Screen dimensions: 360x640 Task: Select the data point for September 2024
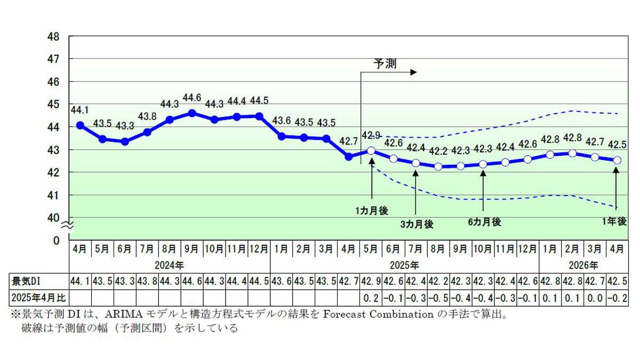pyautogui.click(x=192, y=113)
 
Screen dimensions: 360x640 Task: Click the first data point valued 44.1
pyautogui.click(x=80, y=125)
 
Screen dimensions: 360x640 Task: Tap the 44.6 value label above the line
pyautogui.click(x=192, y=98)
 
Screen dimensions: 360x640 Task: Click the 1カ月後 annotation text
pyautogui.click(x=372, y=212)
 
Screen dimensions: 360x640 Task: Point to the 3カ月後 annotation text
pyautogui.click(x=417, y=225)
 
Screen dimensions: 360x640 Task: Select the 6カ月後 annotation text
pyautogui.click(x=484, y=222)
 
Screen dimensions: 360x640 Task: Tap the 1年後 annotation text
pyautogui.click(x=615, y=222)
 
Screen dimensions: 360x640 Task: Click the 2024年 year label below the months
pyautogui.click(x=170, y=265)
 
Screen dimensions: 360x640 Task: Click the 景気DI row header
pyautogui.click(x=25, y=281)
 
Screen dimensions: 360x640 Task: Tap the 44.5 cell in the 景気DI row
pyautogui.click(x=259, y=281)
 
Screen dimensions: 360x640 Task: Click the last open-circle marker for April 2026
pyautogui.click(x=617, y=160)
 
